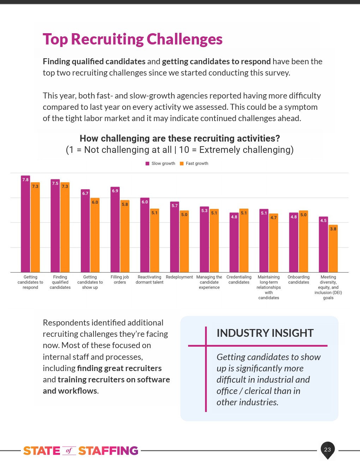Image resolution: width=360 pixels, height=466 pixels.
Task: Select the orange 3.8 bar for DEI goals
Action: [x=333, y=249]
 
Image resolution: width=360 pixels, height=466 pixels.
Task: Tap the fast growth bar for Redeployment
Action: [x=184, y=241]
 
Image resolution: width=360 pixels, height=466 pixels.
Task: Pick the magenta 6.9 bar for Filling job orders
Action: [x=115, y=229]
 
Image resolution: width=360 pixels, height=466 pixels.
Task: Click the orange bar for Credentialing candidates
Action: [x=244, y=240]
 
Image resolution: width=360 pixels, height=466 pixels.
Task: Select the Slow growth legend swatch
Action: [x=148, y=163]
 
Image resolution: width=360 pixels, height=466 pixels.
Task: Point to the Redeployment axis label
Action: [x=179, y=277]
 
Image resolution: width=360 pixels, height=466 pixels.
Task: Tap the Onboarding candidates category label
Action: [x=299, y=280]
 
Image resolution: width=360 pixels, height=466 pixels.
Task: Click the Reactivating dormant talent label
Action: [x=150, y=280]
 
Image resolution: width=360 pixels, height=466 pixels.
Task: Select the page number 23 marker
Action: [x=328, y=449]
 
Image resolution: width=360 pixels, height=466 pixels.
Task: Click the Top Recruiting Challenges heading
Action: [x=133, y=39]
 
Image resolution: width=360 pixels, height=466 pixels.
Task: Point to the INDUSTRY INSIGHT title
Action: [x=265, y=333]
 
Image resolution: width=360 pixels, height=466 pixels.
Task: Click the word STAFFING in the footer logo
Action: [x=108, y=451]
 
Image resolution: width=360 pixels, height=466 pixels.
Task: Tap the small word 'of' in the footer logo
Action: [x=69, y=450]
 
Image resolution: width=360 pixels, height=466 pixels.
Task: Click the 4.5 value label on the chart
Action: [x=323, y=220]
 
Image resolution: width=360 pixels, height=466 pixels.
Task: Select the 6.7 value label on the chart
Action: [x=85, y=193]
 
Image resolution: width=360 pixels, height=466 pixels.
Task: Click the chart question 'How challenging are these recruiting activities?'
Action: [x=180, y=138]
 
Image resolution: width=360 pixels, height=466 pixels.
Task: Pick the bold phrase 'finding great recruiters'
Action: [x=119, y=368]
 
